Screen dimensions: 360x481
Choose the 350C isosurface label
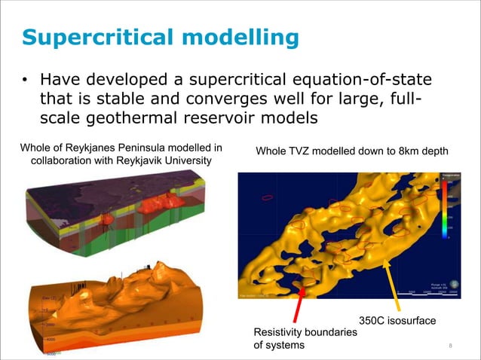tap(397, 322)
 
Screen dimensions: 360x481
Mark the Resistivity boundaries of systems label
tap(300, 339)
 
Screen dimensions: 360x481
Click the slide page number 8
tap(449, 346)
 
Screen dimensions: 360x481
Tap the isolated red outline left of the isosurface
tap(268, 199)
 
